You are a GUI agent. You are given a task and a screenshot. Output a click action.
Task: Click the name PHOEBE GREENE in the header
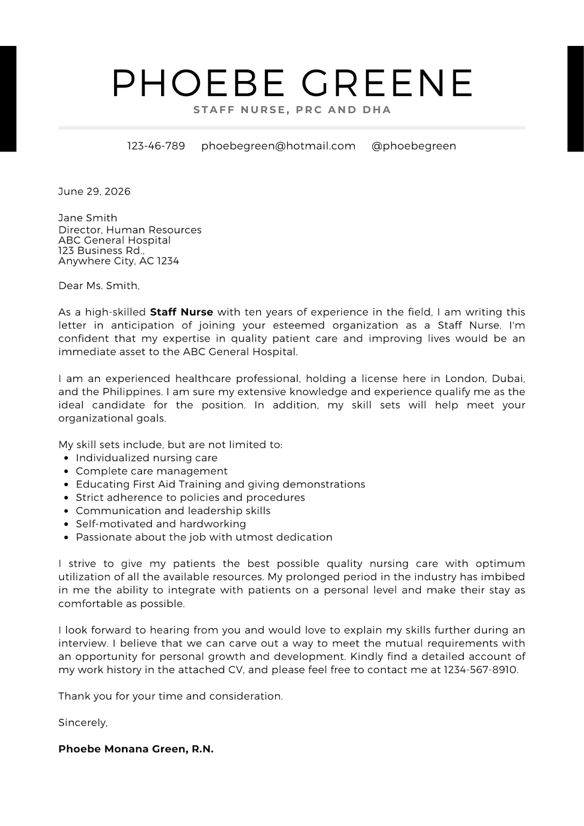(292, 83)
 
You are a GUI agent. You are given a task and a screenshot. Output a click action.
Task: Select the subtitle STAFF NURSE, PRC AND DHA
(292, 110)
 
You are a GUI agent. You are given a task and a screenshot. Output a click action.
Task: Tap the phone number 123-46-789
(156, 146)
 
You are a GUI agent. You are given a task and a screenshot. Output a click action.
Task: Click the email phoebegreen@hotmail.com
(278, 146)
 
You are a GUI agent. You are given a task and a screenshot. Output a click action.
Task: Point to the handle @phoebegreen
(414, 146)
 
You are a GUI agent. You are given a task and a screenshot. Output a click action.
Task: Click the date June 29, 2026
(94, 192)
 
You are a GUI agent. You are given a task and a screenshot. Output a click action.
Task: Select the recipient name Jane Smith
(88, 218)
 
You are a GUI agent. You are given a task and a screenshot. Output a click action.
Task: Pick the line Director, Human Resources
(130, 230)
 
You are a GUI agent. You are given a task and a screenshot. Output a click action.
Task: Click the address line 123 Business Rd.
(101, 251)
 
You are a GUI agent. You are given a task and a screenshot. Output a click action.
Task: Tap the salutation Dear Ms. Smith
(99, 285)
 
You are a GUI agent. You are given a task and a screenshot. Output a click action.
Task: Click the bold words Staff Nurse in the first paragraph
(181, 312)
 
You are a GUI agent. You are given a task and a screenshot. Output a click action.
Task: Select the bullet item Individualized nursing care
(147, 458)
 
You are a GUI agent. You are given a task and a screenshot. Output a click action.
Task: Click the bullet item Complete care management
(151, 471)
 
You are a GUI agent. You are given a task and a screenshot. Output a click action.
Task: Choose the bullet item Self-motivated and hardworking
(161, 524)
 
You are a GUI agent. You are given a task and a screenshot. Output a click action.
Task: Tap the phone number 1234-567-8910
(480, 670)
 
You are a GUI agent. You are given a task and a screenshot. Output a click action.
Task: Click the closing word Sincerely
(83, 723)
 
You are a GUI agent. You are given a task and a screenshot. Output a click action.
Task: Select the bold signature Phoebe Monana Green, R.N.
(136, 749)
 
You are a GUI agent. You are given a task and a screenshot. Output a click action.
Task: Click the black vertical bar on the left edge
(8, 99)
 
